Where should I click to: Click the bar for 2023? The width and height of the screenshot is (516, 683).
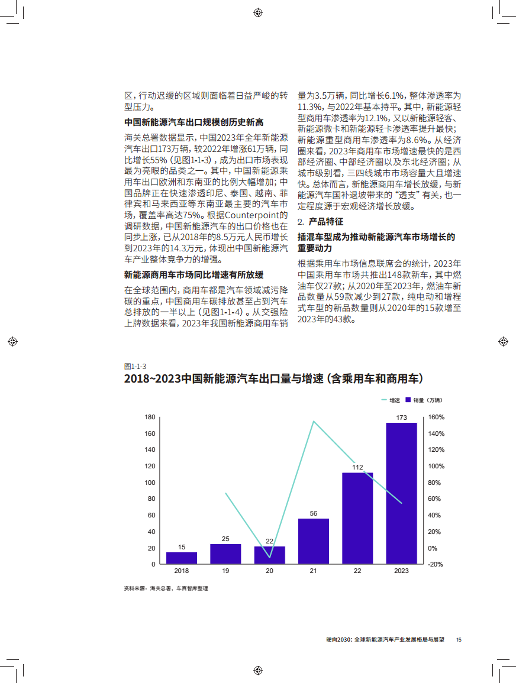pyautogui.click(x=401, y=493)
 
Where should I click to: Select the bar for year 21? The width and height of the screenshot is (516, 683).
pyautogui.click(x=314, y=541)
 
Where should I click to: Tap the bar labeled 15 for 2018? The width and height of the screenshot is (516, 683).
pyautogui.click(x=182, y=558)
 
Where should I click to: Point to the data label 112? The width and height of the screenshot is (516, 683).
pyautogui.click(x=357, y=467)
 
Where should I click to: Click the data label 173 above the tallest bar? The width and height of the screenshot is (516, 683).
pyautogui.click(x=401, y=417)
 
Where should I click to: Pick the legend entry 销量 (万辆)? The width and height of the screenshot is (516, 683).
pyautogui.click(x=424, y=400)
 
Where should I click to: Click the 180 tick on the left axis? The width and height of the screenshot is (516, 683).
pyautogui.click(x=150, y=417)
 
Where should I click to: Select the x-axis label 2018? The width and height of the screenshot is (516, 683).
pyautogui.click(x=182, y=571)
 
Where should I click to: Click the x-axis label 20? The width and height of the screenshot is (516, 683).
pyautogui.click(x=269, y=571)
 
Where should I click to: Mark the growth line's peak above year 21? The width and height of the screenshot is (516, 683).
pyautogui.click(x=314, y=421)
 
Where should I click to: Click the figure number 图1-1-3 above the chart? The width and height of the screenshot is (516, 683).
pyautogui.click(x=135, y=367)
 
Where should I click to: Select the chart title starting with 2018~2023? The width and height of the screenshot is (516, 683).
pyautogui.click(x=274, y=379)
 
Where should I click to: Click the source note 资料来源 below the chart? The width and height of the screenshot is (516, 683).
pyautogui.click(x=166, y=589)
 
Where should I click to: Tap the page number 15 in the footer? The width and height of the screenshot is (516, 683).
pyautogui.click(x=459, y=640)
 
